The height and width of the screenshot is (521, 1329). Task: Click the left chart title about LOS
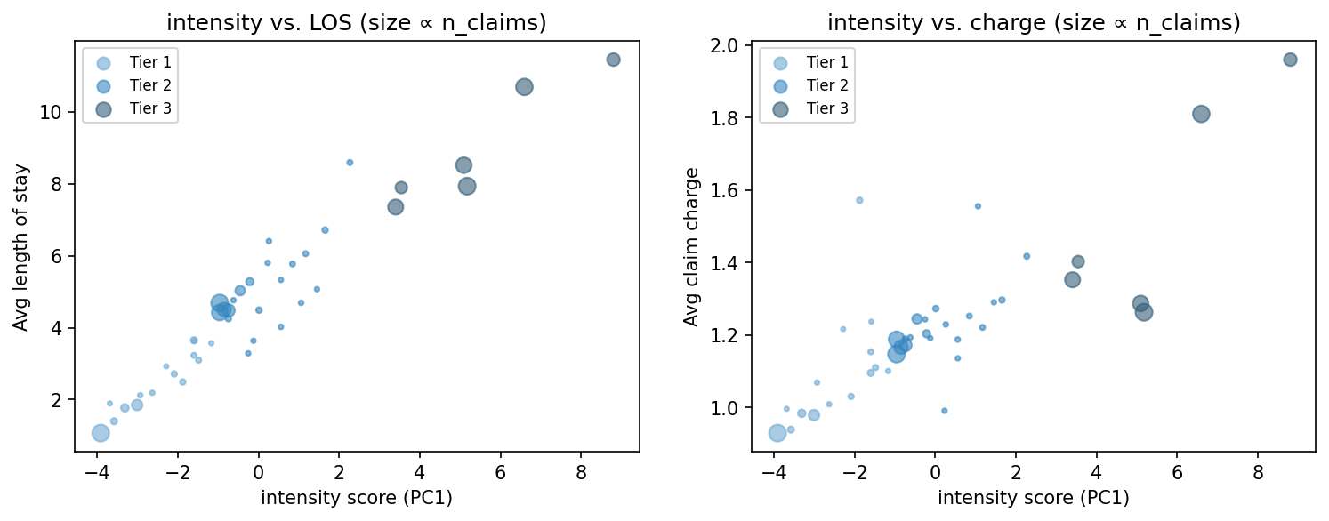357,23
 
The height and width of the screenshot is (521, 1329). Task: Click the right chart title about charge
1033,23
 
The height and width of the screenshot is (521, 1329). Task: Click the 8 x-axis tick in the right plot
1258,470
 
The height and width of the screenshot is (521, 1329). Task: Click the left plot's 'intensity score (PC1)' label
357,498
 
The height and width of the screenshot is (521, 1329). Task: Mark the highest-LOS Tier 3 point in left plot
613,60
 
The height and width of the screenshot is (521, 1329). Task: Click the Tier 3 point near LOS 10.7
524,87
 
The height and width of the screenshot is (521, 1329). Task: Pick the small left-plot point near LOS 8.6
350,163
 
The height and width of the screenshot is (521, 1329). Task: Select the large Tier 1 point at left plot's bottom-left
101,433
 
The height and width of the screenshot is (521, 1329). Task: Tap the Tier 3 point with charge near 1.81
1201,114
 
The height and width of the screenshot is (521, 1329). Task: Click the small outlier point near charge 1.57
859,200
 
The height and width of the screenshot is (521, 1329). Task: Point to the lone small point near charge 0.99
945,411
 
